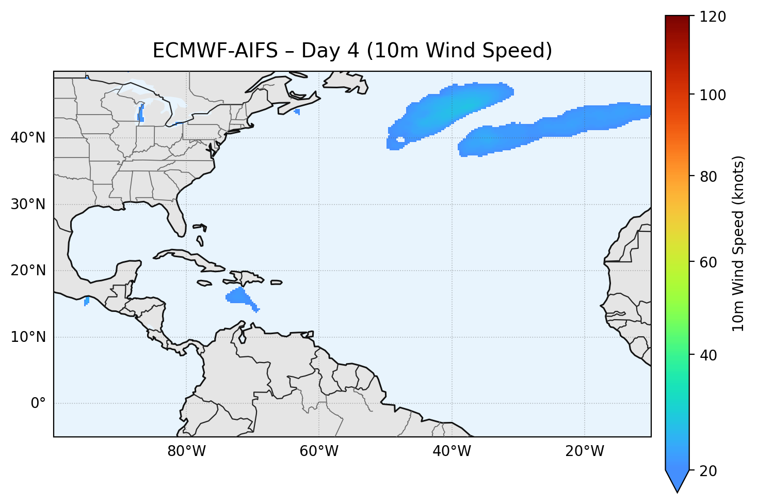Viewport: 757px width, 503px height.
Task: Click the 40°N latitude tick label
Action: (28, 138)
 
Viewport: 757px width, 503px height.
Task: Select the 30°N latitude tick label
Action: (28, 205)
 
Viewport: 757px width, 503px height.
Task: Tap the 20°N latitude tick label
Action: (28, 271)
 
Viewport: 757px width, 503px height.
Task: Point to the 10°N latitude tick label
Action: (28, 337)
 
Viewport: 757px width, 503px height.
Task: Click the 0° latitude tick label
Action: (38, 403)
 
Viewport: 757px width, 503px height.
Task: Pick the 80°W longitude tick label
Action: (186, 451)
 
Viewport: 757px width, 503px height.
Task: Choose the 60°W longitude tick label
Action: (319, 451)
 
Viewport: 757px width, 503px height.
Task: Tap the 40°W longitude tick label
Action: (452, 451)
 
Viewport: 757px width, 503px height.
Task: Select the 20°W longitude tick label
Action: (584, 451)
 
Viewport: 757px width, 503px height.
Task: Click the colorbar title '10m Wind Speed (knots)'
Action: (738, 244)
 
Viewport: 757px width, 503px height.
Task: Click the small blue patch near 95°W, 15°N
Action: (86, 301)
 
